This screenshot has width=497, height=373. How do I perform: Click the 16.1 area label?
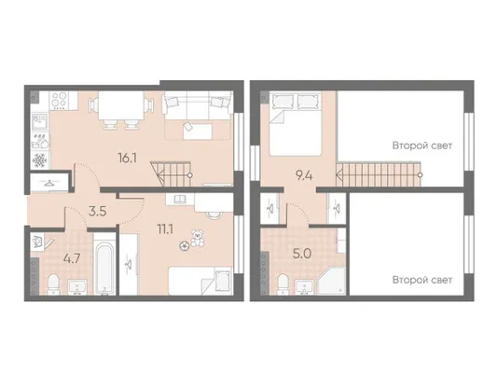[127, 158]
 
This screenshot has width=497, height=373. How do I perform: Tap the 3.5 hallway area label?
[97, 211]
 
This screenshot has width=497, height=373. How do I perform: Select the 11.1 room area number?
[165, 228]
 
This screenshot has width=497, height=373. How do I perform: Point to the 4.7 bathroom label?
[73, 258]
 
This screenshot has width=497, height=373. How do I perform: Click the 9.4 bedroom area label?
[304, 175]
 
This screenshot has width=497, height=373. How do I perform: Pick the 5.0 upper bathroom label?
[302, 254]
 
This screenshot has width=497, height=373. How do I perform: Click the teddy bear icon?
[198, 238]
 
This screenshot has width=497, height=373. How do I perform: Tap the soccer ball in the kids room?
[184, 246]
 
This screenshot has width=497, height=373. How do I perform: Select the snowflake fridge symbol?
[40, 160]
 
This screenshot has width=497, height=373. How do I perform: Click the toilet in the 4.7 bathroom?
[53, 283]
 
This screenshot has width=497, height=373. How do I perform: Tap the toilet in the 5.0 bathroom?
[283, 284]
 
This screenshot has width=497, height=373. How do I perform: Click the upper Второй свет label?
[422, 145]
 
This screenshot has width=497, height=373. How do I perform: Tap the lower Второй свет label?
[422, 280]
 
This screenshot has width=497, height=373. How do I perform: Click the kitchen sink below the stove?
[40, 122]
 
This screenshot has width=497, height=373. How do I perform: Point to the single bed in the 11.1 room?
[200, 281]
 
